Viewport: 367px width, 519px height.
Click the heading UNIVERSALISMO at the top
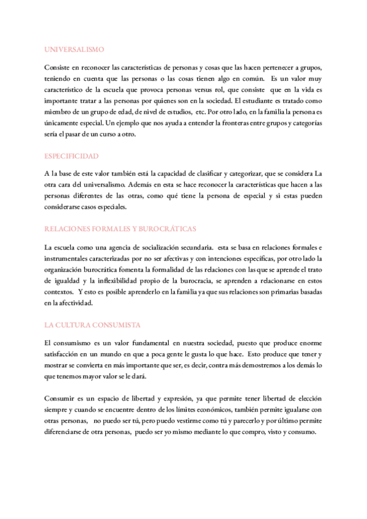tap(74, 50)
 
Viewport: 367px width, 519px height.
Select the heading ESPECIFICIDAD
tap(72, 156)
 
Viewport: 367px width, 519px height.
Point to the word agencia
tap(116, 247)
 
